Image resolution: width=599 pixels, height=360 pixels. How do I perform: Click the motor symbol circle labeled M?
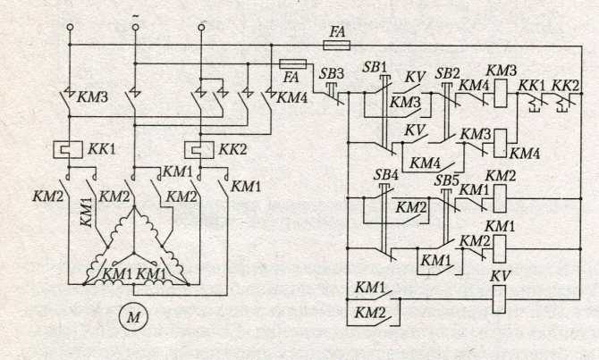(133, 316)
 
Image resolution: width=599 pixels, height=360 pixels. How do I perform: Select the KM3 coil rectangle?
(501, 93)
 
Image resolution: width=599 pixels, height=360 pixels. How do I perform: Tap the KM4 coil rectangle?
(500, 143)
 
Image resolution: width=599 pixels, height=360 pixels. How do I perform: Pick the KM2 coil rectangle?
(500, 198)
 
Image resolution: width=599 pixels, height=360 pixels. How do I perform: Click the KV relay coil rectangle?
(499, 299)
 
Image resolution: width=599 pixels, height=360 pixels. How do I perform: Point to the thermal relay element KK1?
(68, 149)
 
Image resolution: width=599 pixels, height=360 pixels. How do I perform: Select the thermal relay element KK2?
(199, 150)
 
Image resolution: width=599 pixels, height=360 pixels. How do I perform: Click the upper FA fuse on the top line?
(336, 46)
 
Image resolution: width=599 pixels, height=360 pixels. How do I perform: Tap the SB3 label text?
(331, 74)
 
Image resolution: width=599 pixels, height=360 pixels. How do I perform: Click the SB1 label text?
(375, 68)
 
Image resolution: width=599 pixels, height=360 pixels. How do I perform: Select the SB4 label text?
(386, 175)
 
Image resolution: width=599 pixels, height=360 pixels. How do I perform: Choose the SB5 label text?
(446, 180)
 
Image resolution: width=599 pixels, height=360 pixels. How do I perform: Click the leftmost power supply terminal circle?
(70, 28)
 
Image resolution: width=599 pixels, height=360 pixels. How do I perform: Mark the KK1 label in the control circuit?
(531, 86)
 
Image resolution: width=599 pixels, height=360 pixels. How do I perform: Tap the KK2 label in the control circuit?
(566, 86)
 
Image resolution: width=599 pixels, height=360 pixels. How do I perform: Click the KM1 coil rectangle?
(500, 249)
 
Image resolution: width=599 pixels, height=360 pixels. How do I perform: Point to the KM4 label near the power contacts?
(291, 97)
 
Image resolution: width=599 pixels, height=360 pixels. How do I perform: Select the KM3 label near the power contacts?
(92, 97)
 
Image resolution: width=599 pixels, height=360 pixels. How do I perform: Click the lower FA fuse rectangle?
(293, 63)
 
